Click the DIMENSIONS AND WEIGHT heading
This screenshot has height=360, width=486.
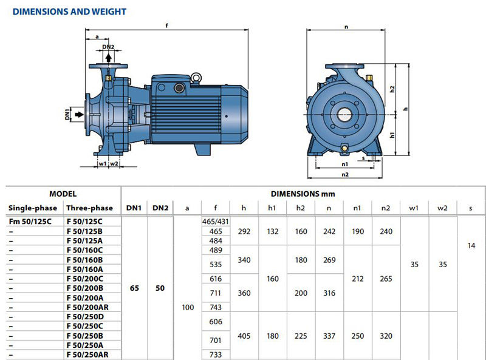[69, 12]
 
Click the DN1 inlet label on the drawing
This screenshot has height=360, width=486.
[67, 114]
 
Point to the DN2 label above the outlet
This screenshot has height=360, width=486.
[108, 47]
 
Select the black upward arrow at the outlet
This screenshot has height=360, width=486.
[109, 58]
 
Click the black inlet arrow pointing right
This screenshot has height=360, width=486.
[80, 114]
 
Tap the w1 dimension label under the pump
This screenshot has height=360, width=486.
[103, 163]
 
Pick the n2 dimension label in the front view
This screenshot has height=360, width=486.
[345, 174]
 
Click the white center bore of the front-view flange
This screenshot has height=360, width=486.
[344, 115]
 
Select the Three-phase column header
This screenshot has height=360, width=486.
[89, 208]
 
